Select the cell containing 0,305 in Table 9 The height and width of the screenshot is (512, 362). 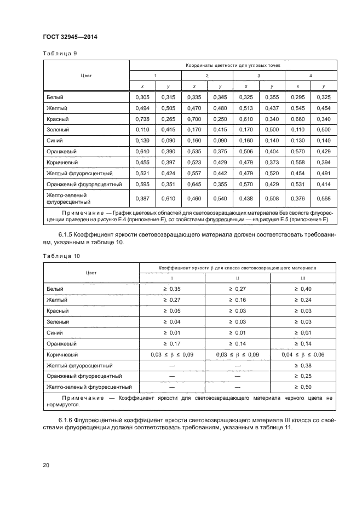[x=141, y=97]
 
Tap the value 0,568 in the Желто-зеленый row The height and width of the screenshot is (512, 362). [x=323, y=198]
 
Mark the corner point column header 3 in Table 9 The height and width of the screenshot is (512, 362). [x=258, y=76]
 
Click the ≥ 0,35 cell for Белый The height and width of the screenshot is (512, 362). [x=172, y=289]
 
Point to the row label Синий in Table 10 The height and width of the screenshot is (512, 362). [x=55, y=332]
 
